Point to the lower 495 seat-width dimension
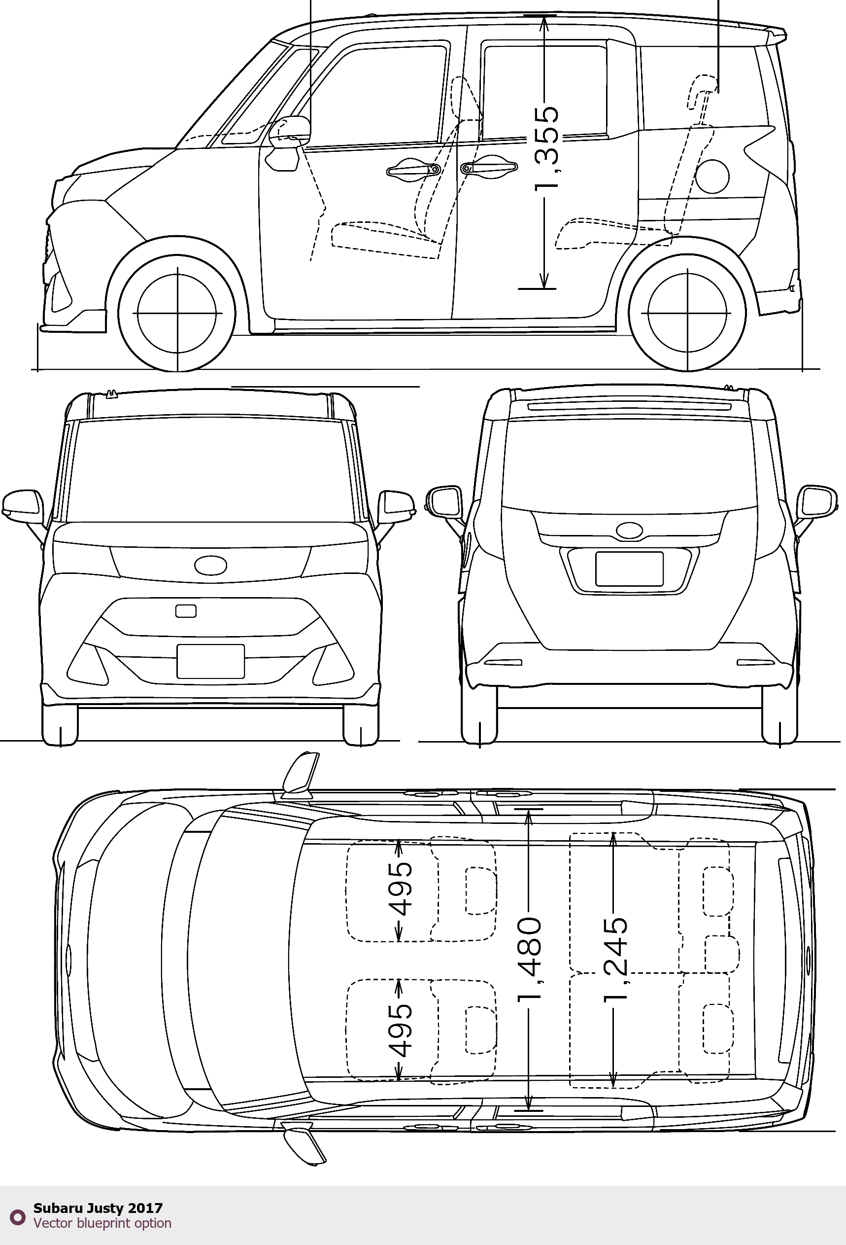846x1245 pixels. [400, 1030]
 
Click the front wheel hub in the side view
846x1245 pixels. [177, 313]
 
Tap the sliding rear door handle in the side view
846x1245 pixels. [489, 167]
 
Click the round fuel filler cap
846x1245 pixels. [711, 175]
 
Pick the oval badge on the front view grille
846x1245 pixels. [211, 565]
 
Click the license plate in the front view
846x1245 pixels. [210, 662]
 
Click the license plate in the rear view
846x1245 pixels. [630, 569]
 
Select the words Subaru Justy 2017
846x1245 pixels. [98, 1208]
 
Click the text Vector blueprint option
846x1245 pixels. [102, 1223]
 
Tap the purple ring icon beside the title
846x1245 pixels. [18, 1217]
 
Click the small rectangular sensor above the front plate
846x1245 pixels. [186, 611]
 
